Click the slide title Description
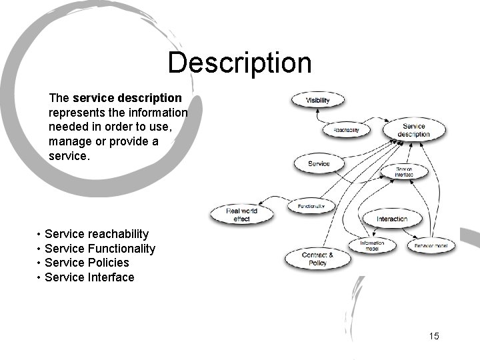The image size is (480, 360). click(239, 63)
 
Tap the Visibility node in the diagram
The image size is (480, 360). click(317, 101)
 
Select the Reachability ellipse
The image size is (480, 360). click(346, 130)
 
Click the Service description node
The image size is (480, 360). click(413, 130)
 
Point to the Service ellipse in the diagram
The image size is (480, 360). click(319, 163)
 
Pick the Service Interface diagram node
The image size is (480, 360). click(404, 172)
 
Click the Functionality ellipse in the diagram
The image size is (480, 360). click(311, 207)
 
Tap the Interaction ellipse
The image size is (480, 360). click(391, 219)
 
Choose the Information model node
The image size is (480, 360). click(372, 245)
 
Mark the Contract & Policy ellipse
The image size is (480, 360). click(317, 259)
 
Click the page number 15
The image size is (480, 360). click(434, 336)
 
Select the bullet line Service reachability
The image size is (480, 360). click(96, 234)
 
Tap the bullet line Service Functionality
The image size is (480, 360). click(99, 249)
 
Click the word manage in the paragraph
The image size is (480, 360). click(68, 141)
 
